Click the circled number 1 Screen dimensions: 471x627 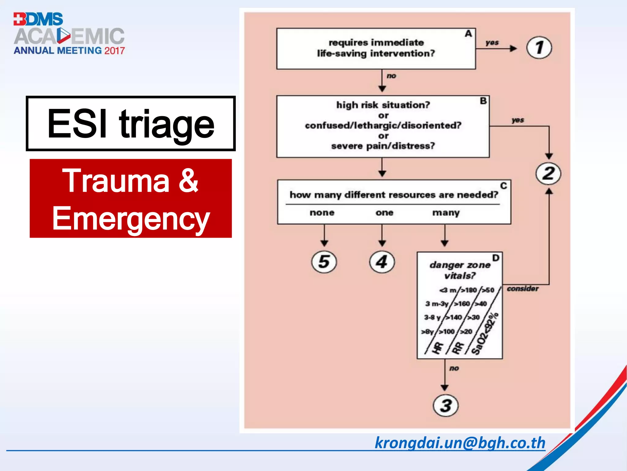point(539,48)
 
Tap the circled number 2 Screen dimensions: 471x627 point(548,174)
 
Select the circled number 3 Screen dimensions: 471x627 point(446,406)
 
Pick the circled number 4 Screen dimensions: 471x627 point(382,262)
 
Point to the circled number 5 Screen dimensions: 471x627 point(324,262)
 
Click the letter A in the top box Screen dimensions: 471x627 point(468,34)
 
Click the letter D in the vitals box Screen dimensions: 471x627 point(496,258)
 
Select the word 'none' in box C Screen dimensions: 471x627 point(322,213)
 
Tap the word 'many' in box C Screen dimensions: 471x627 point(446,213)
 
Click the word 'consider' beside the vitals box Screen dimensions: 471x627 point(523,289)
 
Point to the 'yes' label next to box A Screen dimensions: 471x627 point(492,43)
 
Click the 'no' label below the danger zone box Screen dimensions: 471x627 point(454,368)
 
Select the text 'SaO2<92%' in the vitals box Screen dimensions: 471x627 point(485,334)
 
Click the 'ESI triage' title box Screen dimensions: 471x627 point(131,124)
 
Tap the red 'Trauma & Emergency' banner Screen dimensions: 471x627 point(131,198)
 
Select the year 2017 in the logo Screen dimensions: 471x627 point(115,51)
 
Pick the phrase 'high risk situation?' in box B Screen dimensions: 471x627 point(383,105)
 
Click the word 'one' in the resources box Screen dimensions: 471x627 point(384,213)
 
